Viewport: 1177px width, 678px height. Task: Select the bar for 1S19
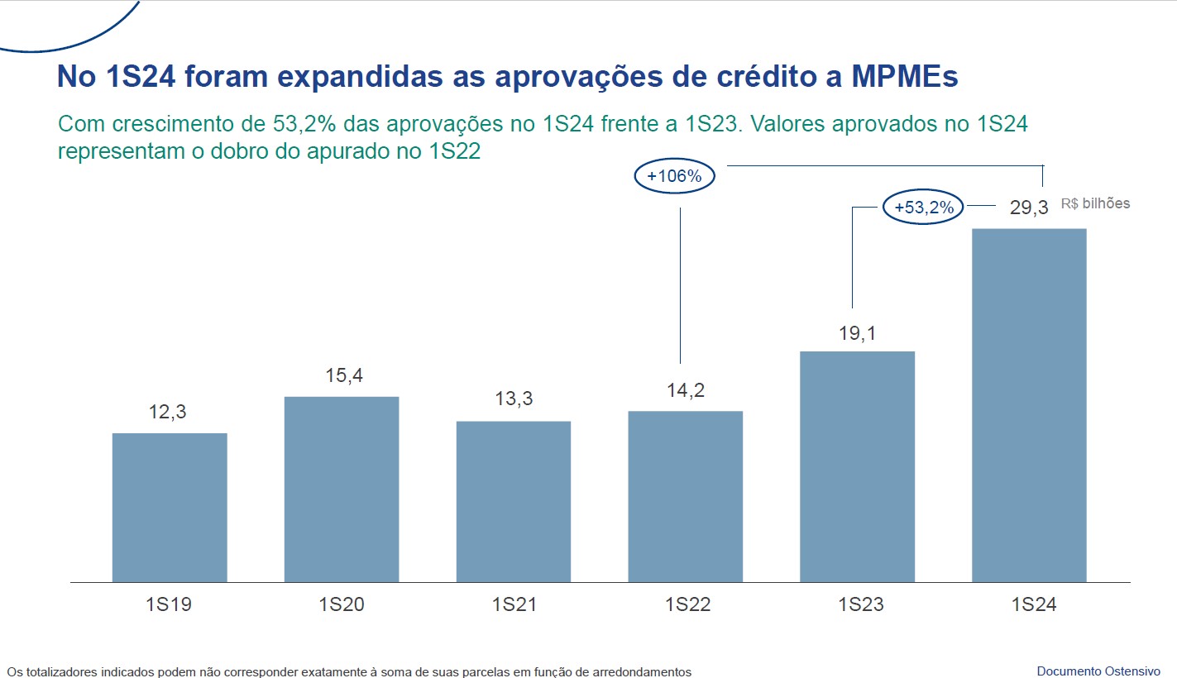(x=170, y=507)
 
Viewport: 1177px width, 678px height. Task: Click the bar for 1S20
(x=342, y=489)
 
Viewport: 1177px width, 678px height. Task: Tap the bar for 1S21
(x=514, y=501)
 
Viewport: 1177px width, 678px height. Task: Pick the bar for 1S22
(x=686, y=496)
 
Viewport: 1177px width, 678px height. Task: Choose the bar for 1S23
(x=858, y=466)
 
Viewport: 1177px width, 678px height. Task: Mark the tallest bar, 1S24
(x=1029, y=405)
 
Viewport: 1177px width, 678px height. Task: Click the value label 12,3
(x=168, y=412)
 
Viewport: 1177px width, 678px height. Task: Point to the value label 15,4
(x=342, y=375)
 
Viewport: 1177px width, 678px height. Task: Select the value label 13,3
(x=514, y=399)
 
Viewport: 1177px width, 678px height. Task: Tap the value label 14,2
(x=686, y=389)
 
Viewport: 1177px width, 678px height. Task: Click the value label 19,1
(x=857, y=333)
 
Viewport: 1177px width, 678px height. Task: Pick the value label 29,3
(x=1029, y=208)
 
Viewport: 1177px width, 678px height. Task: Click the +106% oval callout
(x=674, y=177)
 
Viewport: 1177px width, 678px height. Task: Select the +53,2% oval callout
(x=925, y=208)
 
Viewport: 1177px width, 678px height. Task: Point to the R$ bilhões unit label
(x=1095, y=203)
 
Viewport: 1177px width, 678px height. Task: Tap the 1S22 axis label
(x=687, y=604)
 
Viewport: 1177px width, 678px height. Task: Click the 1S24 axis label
(x=1033, y=604)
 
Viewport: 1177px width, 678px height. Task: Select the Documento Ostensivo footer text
(x=1098, y=671)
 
